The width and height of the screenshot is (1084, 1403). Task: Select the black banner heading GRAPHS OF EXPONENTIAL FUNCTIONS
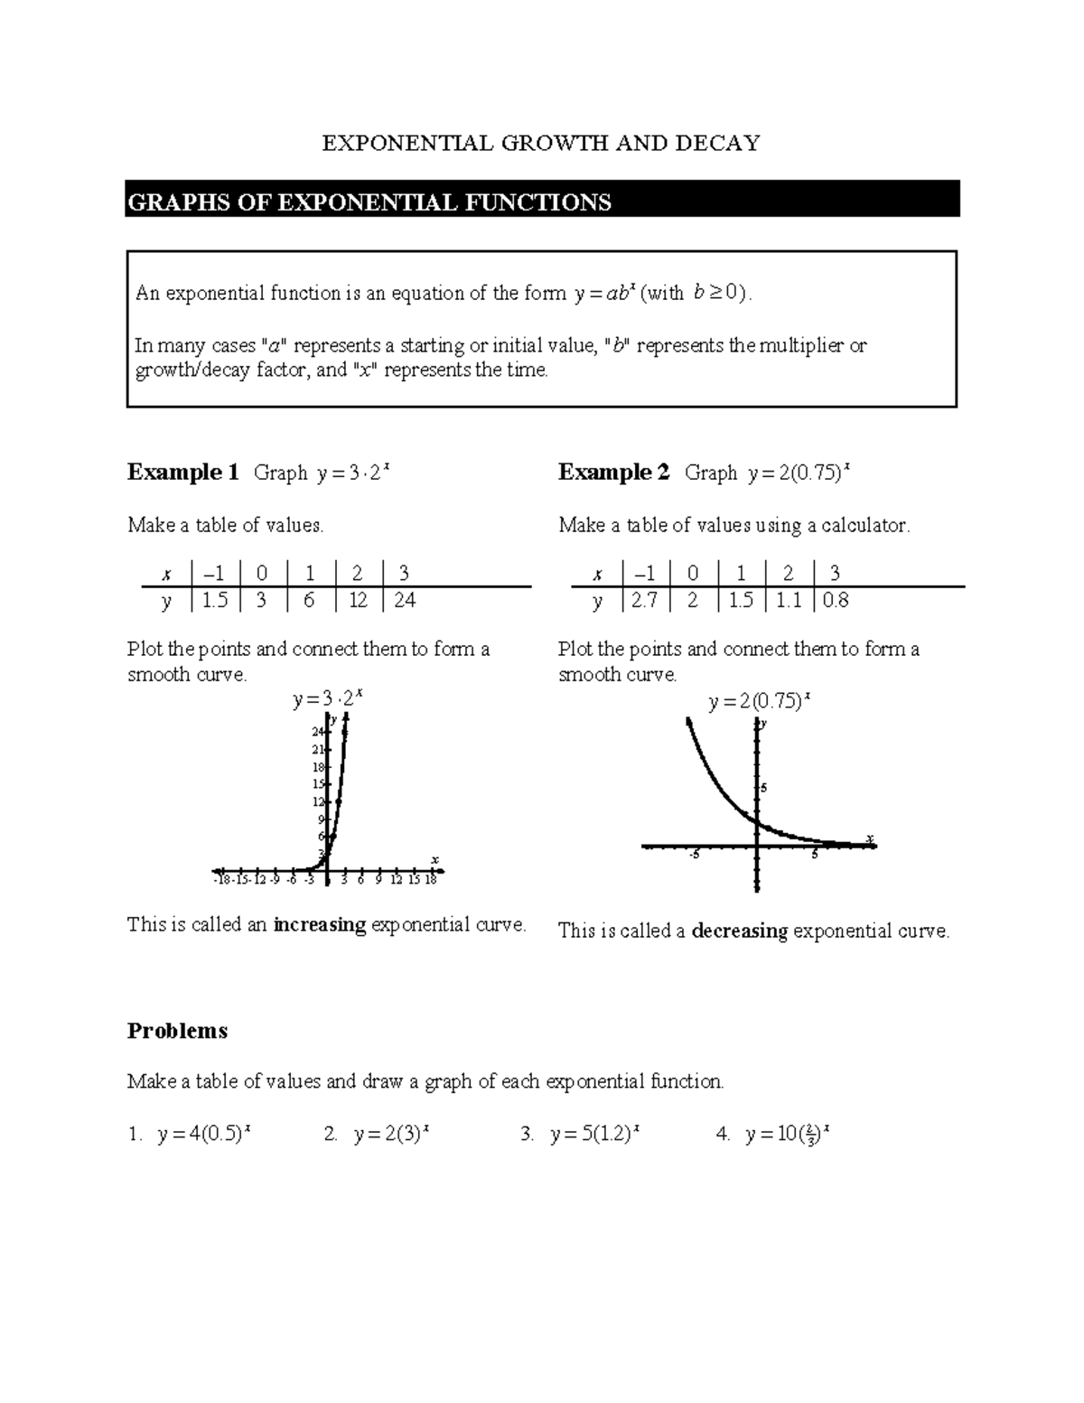point(369,201)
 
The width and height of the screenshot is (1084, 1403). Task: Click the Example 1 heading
point(182,472)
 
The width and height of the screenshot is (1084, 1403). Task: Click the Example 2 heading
point(613,472)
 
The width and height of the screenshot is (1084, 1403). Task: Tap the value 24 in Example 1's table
point(405,601)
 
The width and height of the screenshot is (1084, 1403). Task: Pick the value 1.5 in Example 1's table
point(215,601)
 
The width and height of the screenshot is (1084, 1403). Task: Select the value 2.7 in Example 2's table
point(645,601)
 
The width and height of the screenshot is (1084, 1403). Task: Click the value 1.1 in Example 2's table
point(789,601)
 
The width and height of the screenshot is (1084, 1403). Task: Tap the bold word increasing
point(319,925)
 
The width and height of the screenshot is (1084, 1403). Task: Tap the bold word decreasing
point(739,931)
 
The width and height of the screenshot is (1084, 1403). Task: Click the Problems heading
point(177,1031)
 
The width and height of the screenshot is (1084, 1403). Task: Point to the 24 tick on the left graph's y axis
point(317,732)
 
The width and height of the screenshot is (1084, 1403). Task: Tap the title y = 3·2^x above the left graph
point(328,699)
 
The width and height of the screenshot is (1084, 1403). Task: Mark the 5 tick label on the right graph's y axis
point(763,789)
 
